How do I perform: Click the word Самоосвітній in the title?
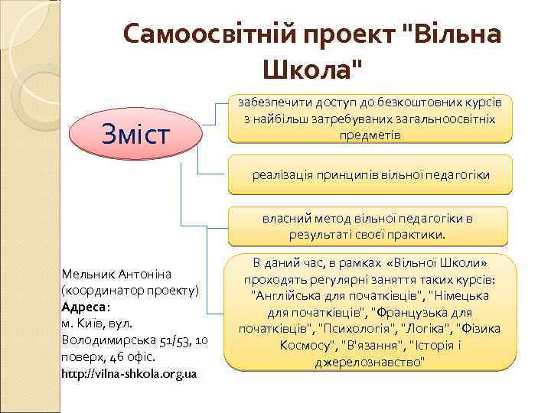209,35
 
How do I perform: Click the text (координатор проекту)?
130,290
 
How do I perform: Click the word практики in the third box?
422,234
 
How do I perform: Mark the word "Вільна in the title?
451,35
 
